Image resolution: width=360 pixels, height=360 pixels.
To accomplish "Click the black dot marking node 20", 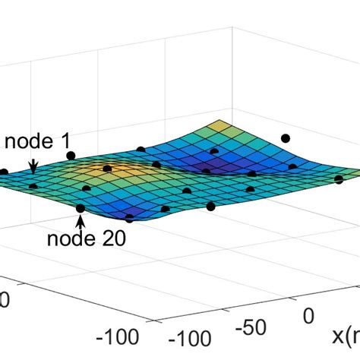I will (81, 208).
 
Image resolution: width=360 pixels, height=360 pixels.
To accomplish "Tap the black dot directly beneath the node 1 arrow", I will (33, 185).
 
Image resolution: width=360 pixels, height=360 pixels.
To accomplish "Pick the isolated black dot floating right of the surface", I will (286, 138).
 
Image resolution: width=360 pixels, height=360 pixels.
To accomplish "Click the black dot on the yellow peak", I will (107, 169).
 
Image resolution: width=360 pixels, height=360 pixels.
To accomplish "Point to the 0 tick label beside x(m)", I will (308, 314).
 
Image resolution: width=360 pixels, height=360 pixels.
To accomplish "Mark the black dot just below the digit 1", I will (71, 156).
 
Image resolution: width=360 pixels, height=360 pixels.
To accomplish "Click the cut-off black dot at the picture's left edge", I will (2, 172).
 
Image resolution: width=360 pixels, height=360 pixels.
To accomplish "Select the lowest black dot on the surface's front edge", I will (129, 218).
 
